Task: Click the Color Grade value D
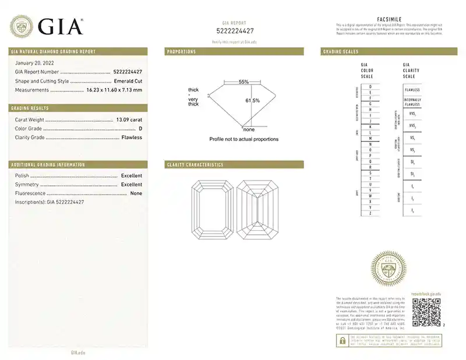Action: pos(140,128)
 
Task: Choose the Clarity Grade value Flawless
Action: pos(132,137)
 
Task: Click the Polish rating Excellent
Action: pos(131,175)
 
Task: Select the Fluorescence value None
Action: pos(136,193)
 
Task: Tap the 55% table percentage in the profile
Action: pos(243,82)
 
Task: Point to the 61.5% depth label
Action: pos(252,101)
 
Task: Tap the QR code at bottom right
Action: pos(426,312)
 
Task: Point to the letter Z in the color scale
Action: pos(370,214)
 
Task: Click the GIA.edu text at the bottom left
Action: pos(79,352)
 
